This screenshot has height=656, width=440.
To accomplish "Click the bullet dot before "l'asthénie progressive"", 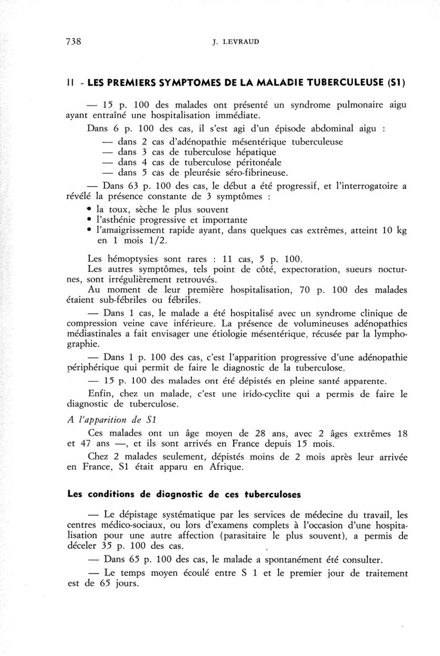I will [x=89, y=220].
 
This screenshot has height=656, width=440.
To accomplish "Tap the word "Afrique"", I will [x=235, y=468].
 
